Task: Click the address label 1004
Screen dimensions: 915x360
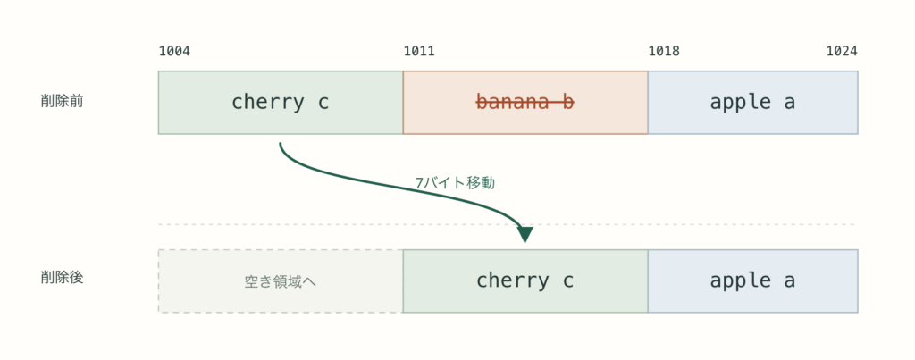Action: pos(174,51)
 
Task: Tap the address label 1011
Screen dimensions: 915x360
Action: pos(419,51)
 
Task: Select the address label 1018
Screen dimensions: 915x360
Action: pos(664,51)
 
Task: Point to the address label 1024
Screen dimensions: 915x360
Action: pos(842,51)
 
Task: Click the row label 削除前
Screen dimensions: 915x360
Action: pos(62,101)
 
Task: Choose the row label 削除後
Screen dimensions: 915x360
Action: pos(62,277)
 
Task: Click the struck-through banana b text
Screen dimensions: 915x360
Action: pos(525,102)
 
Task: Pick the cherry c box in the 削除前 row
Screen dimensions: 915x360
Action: pos(281,103)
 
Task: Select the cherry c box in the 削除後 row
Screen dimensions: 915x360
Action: pos(525,281)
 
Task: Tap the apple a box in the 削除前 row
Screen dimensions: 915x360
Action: pos(752,103)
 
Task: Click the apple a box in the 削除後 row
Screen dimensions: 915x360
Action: pos(752,281)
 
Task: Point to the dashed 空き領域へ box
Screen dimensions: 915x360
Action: pos(281,281)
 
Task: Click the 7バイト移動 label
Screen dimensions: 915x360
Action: pos(455,182)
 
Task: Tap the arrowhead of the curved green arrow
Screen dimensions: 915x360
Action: pos(525,235)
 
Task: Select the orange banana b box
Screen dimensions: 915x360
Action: pos(525,103)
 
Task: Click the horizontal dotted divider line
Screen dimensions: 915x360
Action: pos(508,224)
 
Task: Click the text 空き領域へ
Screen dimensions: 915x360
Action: pos(281,281)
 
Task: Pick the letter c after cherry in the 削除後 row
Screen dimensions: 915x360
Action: pos(568,281)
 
